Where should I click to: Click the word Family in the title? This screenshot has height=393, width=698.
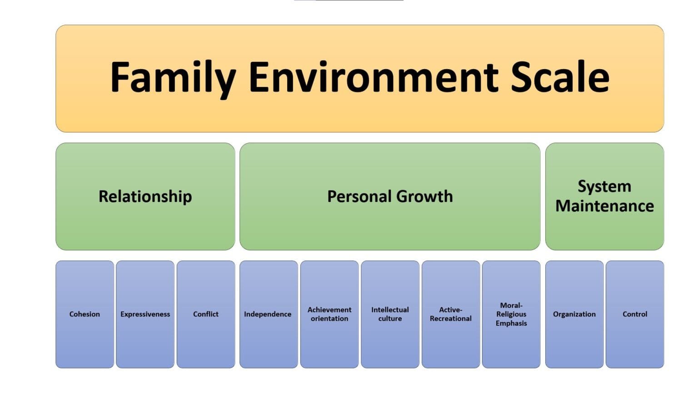pyautogui.click(x=173, y=77)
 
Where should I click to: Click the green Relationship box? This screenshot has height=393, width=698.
pyautogui.click(x=145, y=196)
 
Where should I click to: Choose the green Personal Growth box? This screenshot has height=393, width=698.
pyautogui.click(x=390, y=196)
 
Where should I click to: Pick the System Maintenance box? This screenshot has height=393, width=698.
pyautogui.click(x=604, y=196)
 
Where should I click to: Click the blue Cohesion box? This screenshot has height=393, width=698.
pyautogui.click(x=85, y=314)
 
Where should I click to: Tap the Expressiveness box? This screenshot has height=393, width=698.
pyautogui.click(x=145, y=314)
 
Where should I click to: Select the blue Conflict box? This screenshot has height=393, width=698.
pyautogui.click(x=206, y=314)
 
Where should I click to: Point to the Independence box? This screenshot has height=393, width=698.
pyautogui.click(x=268, y=314)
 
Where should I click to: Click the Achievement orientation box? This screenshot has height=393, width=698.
pyautogui.click(x=329, y=314)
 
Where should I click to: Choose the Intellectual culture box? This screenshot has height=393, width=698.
pyautogui.click(x=390, y=314)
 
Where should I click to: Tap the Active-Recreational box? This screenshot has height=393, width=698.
pyautogui.click(x=451, y=314)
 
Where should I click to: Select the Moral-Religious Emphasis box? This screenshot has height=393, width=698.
pyautogui.click(x=511, y=314)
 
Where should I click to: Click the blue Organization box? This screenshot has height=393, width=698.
pyautogui.click(x=574, y=314)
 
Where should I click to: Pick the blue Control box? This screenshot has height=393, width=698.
pyautogui.click(x=635, y=314)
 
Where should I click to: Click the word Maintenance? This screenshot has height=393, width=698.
pyautogui.click(x=604, y=206)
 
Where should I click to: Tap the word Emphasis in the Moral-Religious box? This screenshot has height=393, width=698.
pyautogui.click(x=511, y=323)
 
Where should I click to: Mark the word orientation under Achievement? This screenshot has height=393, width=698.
pyautogui.click(x=329, y=319)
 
